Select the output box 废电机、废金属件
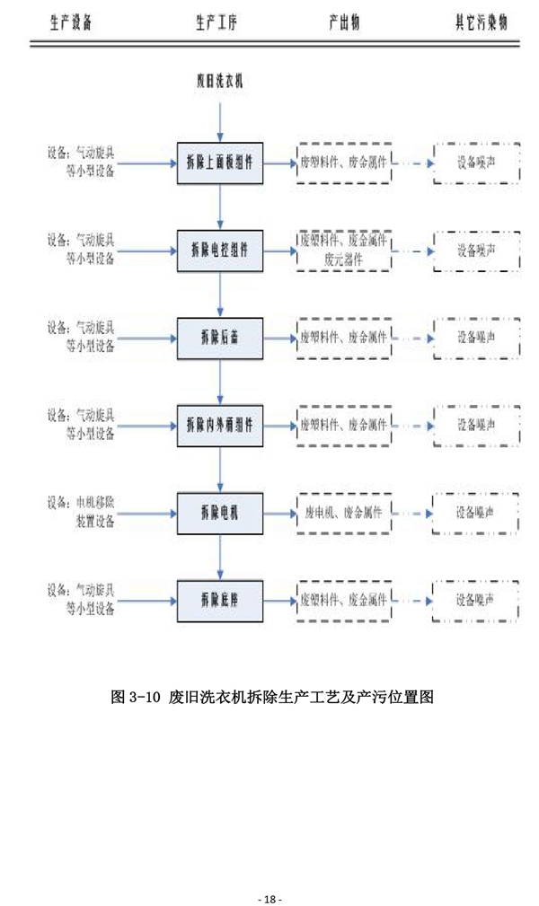pyautogui.click(x=344, y=513)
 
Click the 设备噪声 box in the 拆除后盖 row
pyautogui.click(x=476, y=338)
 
